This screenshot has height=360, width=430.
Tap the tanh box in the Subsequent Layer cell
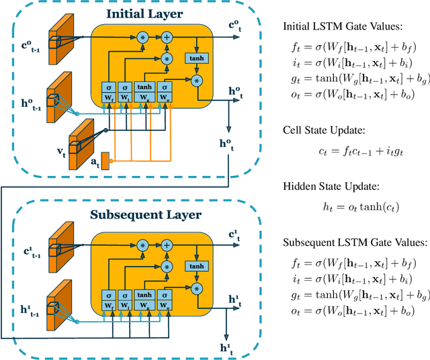(x=197, y=266)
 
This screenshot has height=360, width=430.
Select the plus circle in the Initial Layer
(x=167, y=38)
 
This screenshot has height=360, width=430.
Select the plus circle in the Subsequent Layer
(x=167, y=245)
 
